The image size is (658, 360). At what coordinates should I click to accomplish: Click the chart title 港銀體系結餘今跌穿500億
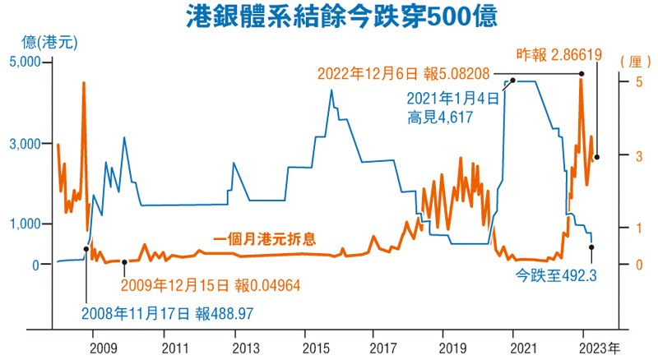[x=330, y=16]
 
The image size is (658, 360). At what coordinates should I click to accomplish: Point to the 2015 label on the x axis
[x=304, y=346]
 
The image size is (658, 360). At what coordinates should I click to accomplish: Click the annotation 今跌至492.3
[x=555, y=276]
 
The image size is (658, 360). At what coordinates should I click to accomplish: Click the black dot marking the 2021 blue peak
[x=512, y=81]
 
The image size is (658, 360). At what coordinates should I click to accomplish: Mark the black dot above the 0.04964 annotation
[x=124, y=262]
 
